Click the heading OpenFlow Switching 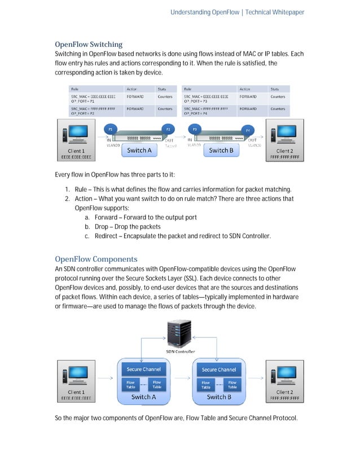89,44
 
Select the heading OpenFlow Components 96,259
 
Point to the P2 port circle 168,129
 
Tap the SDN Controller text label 180,351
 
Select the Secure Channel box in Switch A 143,370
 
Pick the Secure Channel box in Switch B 218,370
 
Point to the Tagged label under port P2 170,146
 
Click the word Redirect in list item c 106,236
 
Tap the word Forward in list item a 106,217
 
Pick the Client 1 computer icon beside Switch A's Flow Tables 76,375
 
